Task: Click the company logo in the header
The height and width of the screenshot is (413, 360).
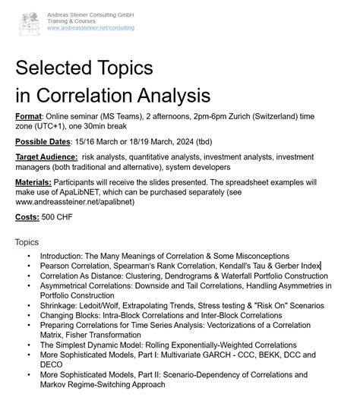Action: pyautogui.click(x=30, y=20)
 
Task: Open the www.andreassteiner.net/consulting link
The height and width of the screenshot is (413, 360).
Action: pyautogui.click(x=90, y=28)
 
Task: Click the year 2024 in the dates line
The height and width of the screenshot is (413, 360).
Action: pyautogui.click(x=169, y=142)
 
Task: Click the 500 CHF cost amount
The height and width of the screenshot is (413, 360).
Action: pyautogui.click(x=58, y=218)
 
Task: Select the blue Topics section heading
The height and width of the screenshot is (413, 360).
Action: pyautogui.click(x=27, y=242)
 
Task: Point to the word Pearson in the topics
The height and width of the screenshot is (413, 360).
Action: pyautogui.click(x=55, y=266)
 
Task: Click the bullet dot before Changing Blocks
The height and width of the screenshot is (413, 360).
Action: pyautogui.click(x=29, y=315)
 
